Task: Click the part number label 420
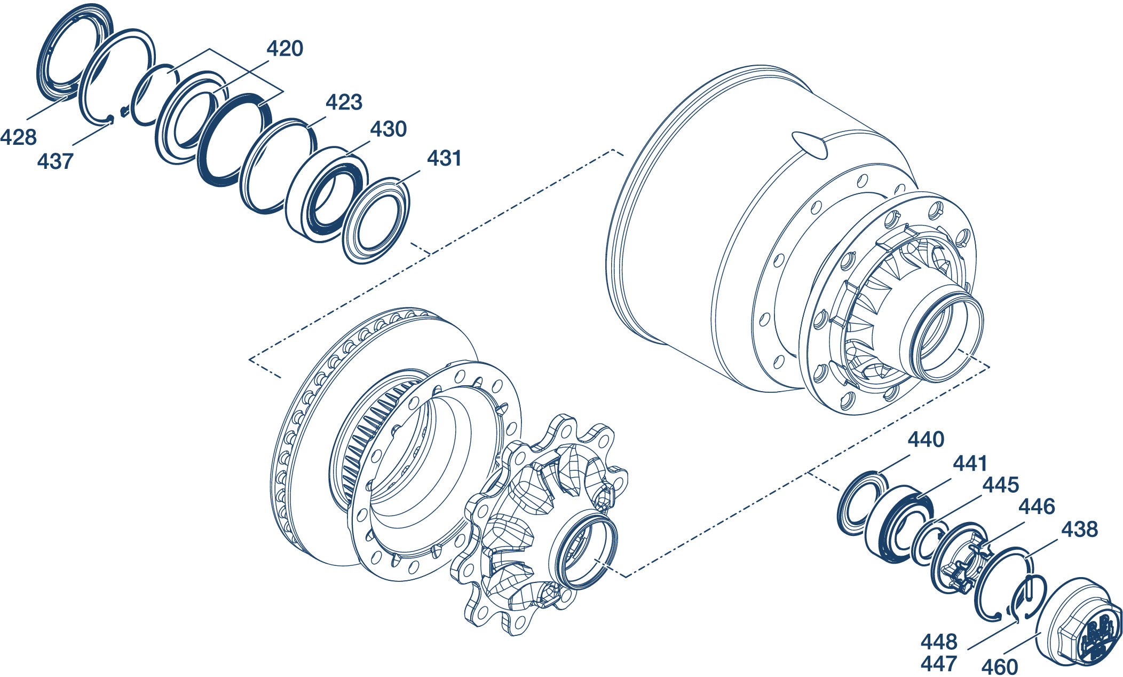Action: coord(285,49)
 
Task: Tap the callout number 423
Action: coord(344,102)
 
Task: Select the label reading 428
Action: coord(19,137)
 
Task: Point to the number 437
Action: coord(55,161)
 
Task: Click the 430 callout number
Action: coord(388,129)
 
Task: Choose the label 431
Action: coord(444,159)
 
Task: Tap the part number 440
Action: coord(926,440)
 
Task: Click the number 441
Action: coord(970,463)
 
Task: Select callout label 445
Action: coord(1001,485)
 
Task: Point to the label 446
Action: coord(1037,507)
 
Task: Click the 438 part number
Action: coord(1079,530)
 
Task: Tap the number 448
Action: coord(939,641)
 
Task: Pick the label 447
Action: coord(939,664)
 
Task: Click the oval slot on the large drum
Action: coord(810,145)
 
